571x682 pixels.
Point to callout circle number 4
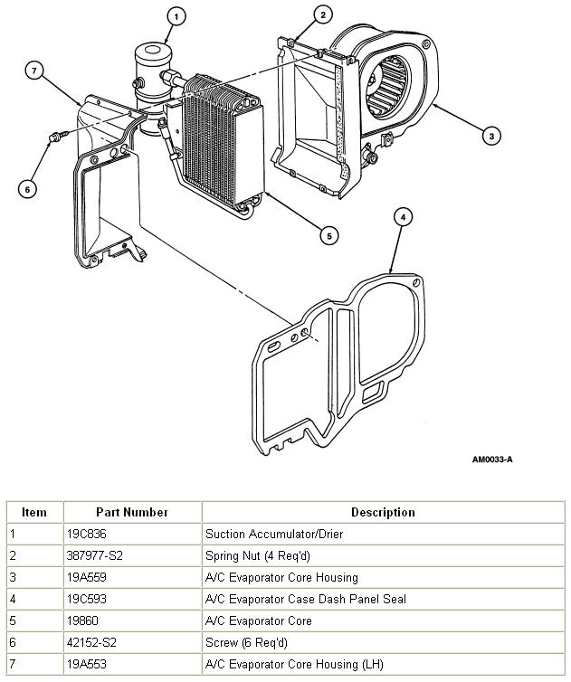(x=404, y=217)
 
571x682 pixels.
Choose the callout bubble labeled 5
(x=329, y=235)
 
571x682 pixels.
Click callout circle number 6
(x=28, y=188)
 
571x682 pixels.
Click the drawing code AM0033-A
(x=492, y=459)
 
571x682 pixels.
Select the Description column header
(x=383, y=512)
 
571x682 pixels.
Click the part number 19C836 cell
(x=90, y=535)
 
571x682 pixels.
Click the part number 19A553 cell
(x=90, y=665)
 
